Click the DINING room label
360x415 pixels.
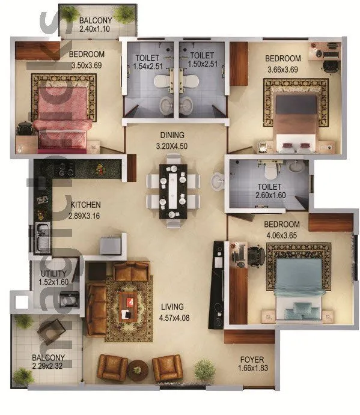(172, 135)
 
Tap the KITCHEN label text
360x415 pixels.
(85, 204)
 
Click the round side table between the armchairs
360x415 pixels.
(138, 369)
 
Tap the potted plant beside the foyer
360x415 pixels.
(206, 371)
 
